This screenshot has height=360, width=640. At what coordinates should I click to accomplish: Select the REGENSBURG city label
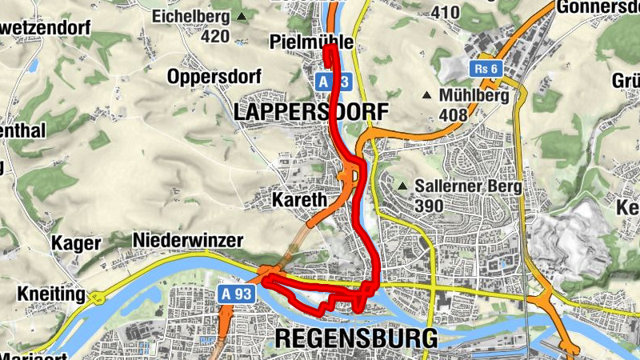tap(356, 338)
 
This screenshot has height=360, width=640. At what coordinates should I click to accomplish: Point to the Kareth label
tap(298, 198)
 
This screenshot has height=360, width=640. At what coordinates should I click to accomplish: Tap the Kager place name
tap(76, 243)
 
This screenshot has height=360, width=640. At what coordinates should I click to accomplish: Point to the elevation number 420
tap(215, 36)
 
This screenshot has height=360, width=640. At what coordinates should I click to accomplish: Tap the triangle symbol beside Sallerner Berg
tap(402, 187)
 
